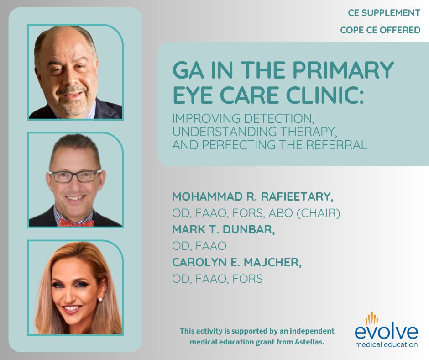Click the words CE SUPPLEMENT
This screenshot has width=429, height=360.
point(384,13)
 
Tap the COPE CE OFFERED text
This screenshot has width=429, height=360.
point(380,31)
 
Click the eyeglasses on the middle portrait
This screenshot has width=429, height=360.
point(75,176)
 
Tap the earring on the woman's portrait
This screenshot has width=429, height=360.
point(99,299)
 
